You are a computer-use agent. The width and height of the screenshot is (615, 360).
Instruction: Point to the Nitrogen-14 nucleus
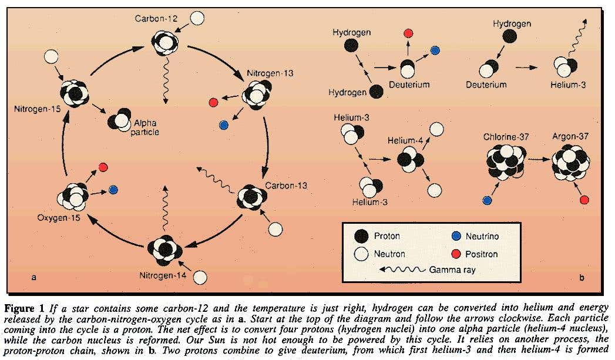click(165, 250)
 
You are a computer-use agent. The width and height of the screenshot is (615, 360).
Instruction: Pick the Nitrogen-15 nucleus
click(75, 93)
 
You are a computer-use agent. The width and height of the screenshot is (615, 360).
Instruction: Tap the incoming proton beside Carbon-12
click(198, 18)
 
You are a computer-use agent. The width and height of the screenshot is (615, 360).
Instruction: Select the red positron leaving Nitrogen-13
click(213, 103)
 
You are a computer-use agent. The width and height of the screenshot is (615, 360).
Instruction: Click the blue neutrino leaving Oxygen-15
click(113, 190)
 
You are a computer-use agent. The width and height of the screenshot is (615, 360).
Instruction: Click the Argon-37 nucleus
click(570, 163)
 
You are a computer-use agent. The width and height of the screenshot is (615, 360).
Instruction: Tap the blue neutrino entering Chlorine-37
click(487, 200)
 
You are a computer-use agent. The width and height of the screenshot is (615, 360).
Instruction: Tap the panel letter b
click(581, 277)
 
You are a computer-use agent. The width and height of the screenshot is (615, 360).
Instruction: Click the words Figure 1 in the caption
click(25, 307)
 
